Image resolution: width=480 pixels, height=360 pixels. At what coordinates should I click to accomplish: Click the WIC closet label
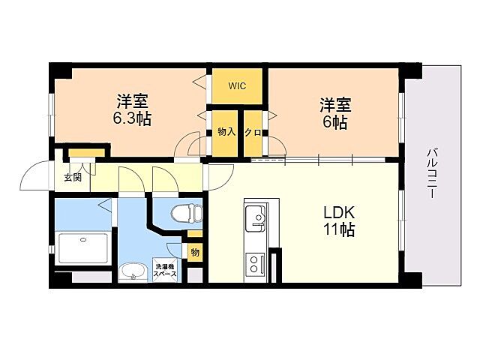pyautogui.click(x=237, y=86)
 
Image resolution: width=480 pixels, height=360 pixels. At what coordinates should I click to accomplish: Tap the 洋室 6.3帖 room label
pyautogui.click(x=132, y=110)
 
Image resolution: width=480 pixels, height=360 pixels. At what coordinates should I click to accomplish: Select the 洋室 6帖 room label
pyautogui.click(x=335, y=113)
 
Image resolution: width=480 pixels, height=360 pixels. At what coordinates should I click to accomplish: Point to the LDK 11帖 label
pyautogui.click(x=339, y=220)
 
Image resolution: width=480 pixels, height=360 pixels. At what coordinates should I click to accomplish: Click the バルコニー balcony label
pyautogui.click(x=432, y=172)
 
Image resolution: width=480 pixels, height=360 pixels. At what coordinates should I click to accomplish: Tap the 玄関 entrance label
pyautogui.click(x=73, y=177)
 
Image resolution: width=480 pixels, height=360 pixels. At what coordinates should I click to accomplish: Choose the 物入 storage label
pyautogui.click(x=226, y=132)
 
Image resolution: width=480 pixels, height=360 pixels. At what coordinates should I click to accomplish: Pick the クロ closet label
pyautogui.click(x=253, y=133)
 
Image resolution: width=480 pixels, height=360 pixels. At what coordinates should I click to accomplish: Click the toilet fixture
pyautogui.click(x=186, y=212)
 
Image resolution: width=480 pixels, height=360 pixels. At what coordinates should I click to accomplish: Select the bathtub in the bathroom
pyautogui.click(x=83, y=248)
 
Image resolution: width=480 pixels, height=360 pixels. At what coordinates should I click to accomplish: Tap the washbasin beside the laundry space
pyautogui.click(x=133, y=271)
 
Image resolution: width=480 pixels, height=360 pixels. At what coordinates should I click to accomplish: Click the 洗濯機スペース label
pyautogui.click(x=165, y=270)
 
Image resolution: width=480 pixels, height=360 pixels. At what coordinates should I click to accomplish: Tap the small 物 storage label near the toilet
pyautogui.click(x=195, y=252)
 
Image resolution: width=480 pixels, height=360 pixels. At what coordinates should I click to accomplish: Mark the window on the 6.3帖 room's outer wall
pyautogui.click(x=52, y=114)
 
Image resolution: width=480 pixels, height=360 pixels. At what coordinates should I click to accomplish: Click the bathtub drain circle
pyautogui.click(x=83, y=240)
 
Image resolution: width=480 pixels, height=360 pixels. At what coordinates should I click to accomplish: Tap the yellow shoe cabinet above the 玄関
pyautogui.click(x=86, y=152)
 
